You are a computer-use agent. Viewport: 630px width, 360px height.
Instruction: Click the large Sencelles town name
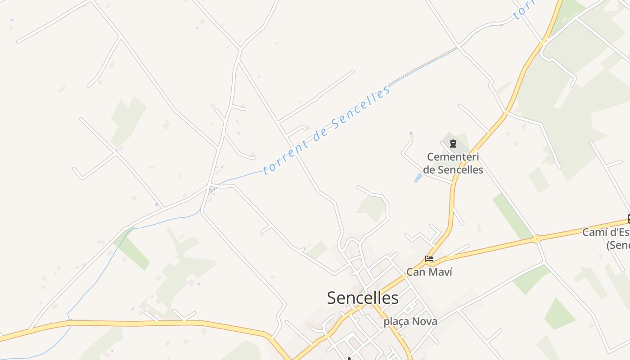tap(363, 298)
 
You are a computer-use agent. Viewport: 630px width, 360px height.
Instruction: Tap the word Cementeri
tap(453, 157)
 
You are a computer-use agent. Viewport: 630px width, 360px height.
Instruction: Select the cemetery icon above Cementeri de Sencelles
tap(453, 144)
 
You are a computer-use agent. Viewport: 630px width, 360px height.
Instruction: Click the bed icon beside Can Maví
tap(429, 259)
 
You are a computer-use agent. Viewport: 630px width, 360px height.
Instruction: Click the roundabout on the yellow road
tap(536, 238)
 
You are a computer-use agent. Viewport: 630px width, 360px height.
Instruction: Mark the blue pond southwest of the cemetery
tap(418, 179)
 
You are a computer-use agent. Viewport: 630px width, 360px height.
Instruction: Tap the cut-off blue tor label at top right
tap(523, 9)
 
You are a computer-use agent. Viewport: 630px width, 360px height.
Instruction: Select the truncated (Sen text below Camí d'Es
tap(617, 245)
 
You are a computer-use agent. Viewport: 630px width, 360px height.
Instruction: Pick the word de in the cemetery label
tap(429, 170)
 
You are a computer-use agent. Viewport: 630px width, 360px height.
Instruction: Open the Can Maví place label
tap(429, 272)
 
